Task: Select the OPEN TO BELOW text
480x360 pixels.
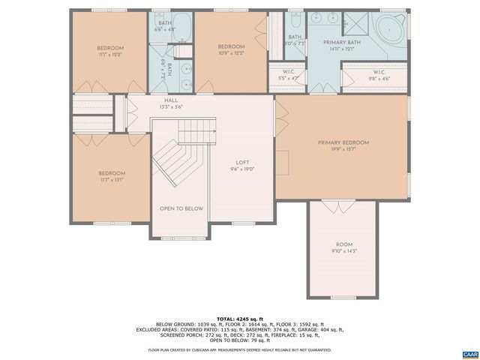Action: (x=181, y=208)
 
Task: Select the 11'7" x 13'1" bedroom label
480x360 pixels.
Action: (x=110, y=179)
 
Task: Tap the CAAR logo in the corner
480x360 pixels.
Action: (x=469, y=353)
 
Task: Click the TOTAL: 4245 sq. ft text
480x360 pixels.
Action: (x=239, y=318)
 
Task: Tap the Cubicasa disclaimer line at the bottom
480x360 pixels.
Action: (x=239, y=349)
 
